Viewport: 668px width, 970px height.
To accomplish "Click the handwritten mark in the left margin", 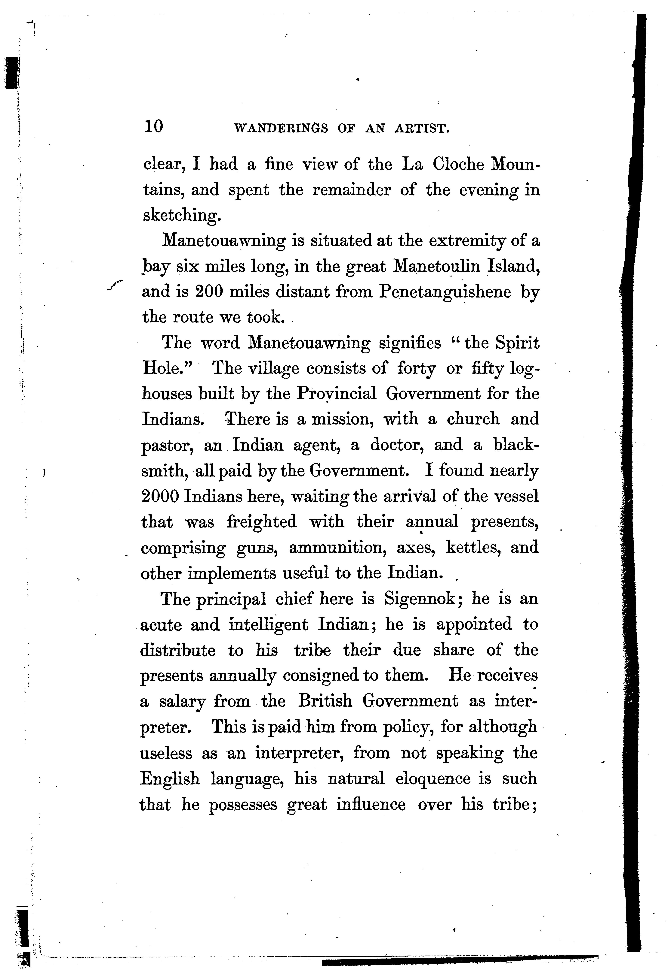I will pyautogui.click(x=115, y=284).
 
